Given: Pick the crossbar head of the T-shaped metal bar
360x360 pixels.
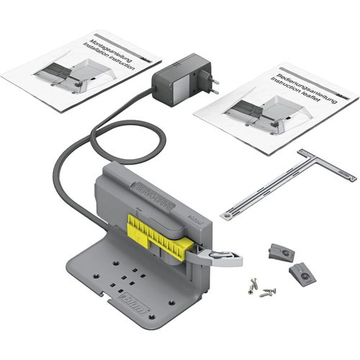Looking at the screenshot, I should (x=327, y=165).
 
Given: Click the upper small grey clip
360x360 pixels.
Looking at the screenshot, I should (x=279, y=250).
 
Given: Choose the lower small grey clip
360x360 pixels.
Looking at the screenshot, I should (x=303, y=271).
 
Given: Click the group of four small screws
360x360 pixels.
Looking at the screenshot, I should (x=259, y=285).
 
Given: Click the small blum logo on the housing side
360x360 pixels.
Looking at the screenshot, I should (x=192, y=215).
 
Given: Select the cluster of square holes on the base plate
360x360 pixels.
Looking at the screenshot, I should (x=125, y=276).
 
